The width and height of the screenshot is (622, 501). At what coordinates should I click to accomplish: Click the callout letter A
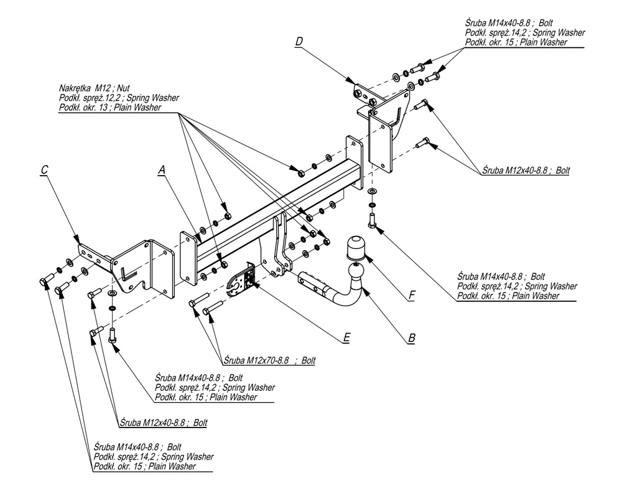click(162, 169)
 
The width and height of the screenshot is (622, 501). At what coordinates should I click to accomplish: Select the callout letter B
click(411, 339)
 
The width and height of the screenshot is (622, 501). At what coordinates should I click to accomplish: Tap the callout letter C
click(44, 169)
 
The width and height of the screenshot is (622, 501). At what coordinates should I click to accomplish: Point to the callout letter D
click(299, 42)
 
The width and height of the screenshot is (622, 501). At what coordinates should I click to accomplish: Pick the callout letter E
click(346, 338)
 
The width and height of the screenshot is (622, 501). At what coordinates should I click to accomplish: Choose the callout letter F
click(411, 296)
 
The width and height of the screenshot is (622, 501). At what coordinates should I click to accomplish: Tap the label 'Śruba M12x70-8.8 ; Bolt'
click(268, 360)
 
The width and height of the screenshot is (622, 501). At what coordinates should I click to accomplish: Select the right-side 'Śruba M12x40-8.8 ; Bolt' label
click(526, 169)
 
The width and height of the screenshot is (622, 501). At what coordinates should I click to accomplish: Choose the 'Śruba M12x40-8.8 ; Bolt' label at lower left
click(163, 422)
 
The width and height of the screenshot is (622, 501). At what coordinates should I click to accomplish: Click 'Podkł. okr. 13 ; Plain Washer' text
click(110, 107)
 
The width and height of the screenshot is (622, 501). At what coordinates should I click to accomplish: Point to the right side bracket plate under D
click(381, 143)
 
